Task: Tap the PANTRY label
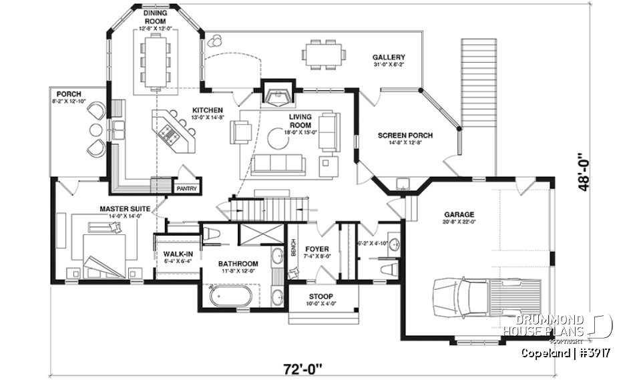click(186, 189)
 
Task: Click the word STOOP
click(321, 296)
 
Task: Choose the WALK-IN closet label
click(177, 254)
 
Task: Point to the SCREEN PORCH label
click(405, 136)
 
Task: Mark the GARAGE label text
click(458, 214)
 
